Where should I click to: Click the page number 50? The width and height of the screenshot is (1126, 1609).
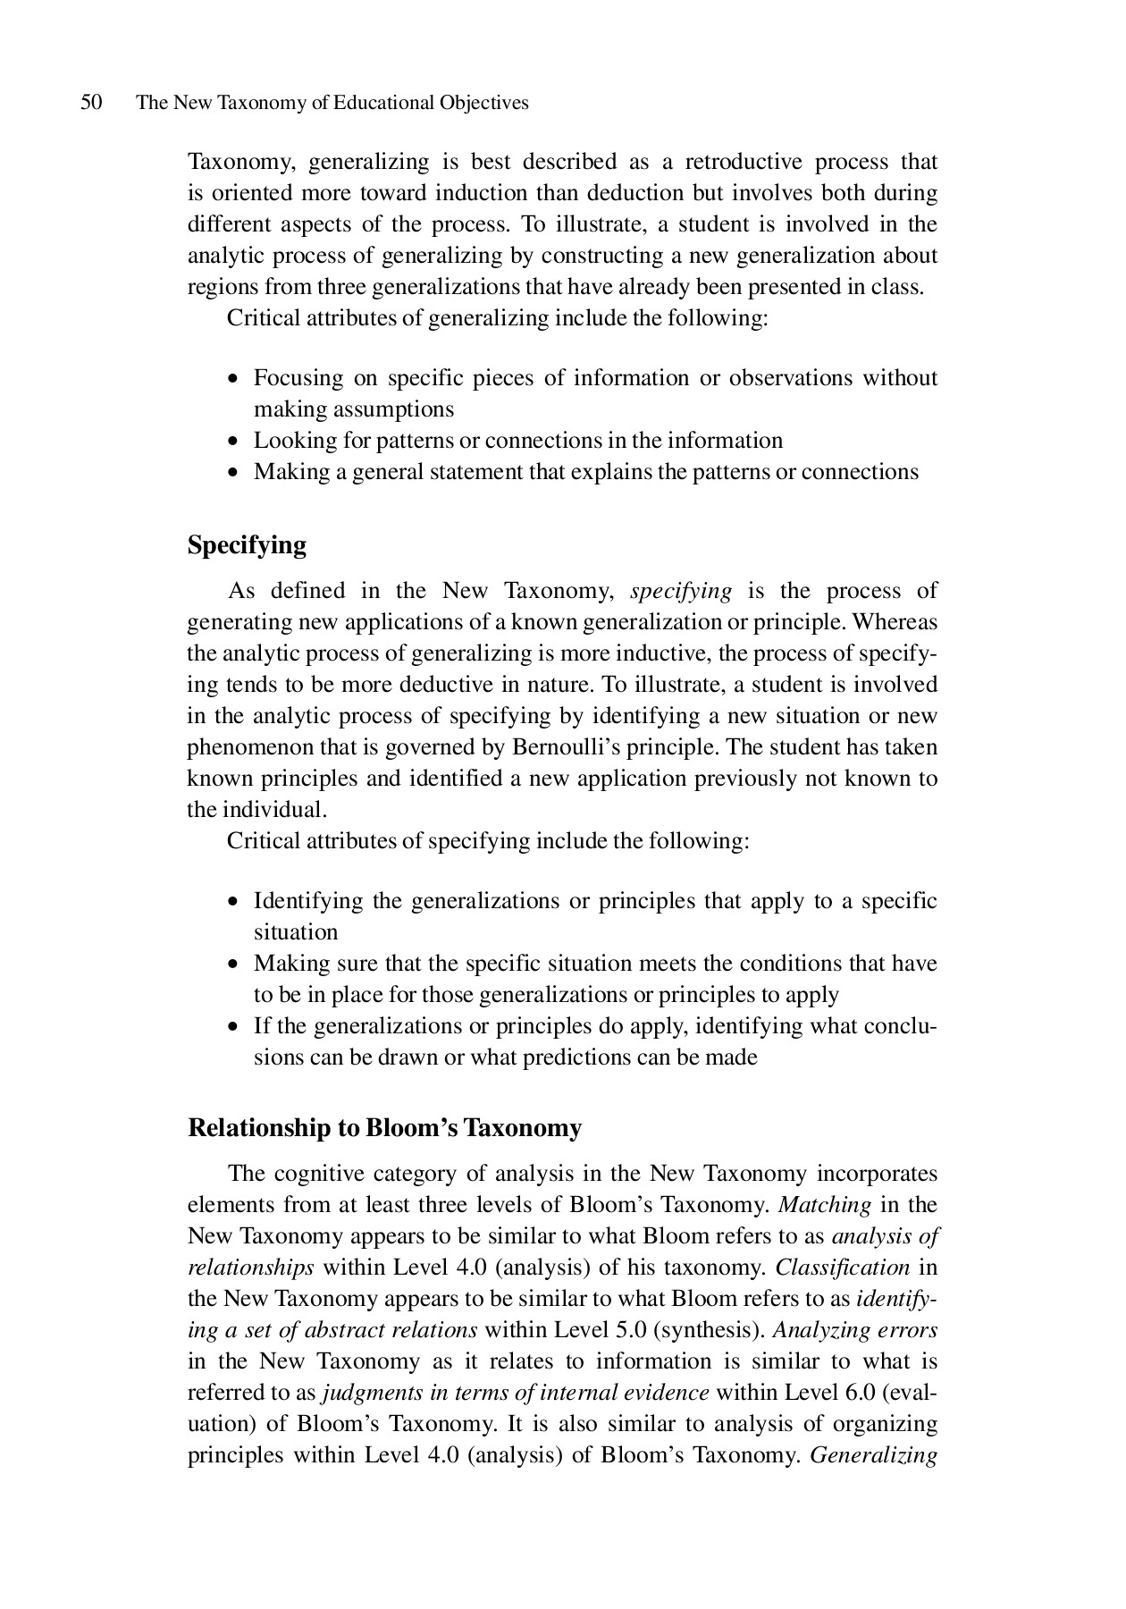click(x=91, y=103)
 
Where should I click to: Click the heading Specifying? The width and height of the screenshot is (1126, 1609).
click(x=247, y=545)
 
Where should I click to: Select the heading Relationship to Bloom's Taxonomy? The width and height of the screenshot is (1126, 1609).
click(x=384, y=1128)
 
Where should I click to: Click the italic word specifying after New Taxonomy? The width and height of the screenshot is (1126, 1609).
click(x=681, y=591)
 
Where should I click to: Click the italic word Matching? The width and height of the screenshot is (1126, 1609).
click(x=824, y=1205)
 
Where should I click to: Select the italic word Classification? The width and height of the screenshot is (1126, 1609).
click(x=842, y=1268)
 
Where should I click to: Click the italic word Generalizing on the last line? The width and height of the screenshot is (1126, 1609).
click(x=873, y=1455)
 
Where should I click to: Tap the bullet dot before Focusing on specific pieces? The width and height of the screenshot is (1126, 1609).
click(x=233, y=379)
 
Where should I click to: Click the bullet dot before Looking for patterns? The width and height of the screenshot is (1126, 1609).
click(x=233, y=442)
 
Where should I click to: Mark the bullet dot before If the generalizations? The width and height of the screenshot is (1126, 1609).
click(x=233, y=1027)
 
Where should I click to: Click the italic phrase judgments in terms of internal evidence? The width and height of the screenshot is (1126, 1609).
click(x=516, y=1393)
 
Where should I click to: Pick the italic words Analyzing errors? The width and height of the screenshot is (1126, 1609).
click(x=854, y=1330)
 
